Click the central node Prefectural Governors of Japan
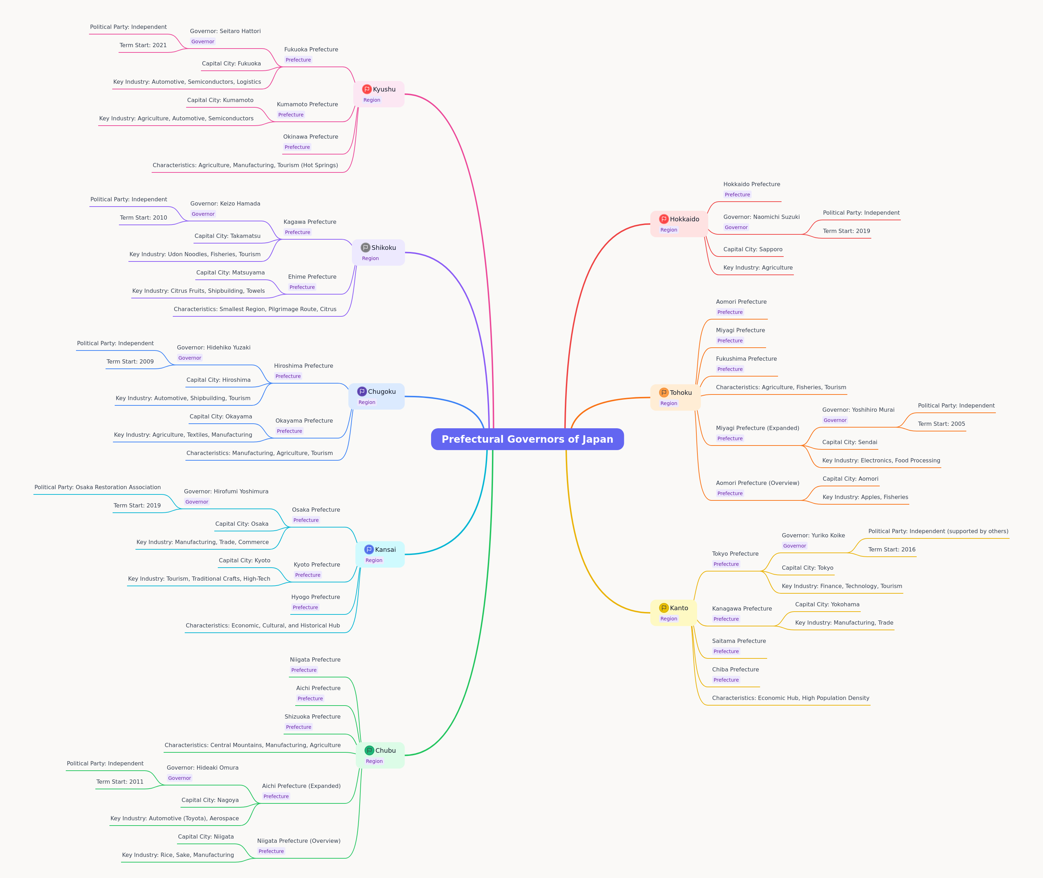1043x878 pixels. (527, 439)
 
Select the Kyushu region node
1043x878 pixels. (379, 94)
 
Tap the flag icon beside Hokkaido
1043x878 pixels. (663, 219)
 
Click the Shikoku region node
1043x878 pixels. (378, 252)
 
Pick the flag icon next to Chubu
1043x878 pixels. (369, 750)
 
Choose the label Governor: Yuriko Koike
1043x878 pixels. (813, 536)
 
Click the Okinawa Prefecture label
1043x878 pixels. (310, 137)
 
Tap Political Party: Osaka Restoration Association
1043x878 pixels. (97, 487)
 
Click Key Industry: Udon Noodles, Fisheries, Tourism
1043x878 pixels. (195, 254)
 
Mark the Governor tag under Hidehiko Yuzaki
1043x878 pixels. (190, 358)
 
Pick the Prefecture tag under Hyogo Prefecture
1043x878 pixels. (305, 607)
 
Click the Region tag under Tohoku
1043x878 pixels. (669, 403)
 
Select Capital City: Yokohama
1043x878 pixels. (827, 604)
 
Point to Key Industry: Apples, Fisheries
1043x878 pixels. (865, 497)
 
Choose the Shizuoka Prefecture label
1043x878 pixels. (312, 717)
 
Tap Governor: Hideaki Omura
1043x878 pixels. (203, 768)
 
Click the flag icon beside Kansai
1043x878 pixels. (369, 549)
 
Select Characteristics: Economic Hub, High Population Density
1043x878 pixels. (791, 698)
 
